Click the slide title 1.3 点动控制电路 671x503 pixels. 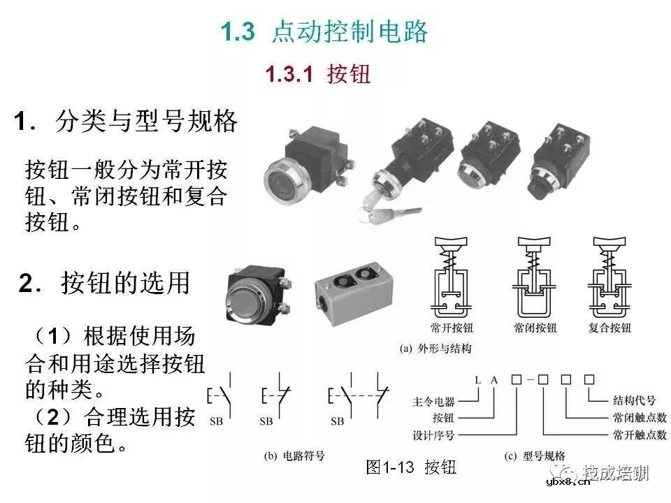coord(324,32)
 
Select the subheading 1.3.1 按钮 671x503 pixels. coord(318,75)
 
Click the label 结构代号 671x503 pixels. coord(631,400)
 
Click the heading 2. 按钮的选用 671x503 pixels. coord(105,284)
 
